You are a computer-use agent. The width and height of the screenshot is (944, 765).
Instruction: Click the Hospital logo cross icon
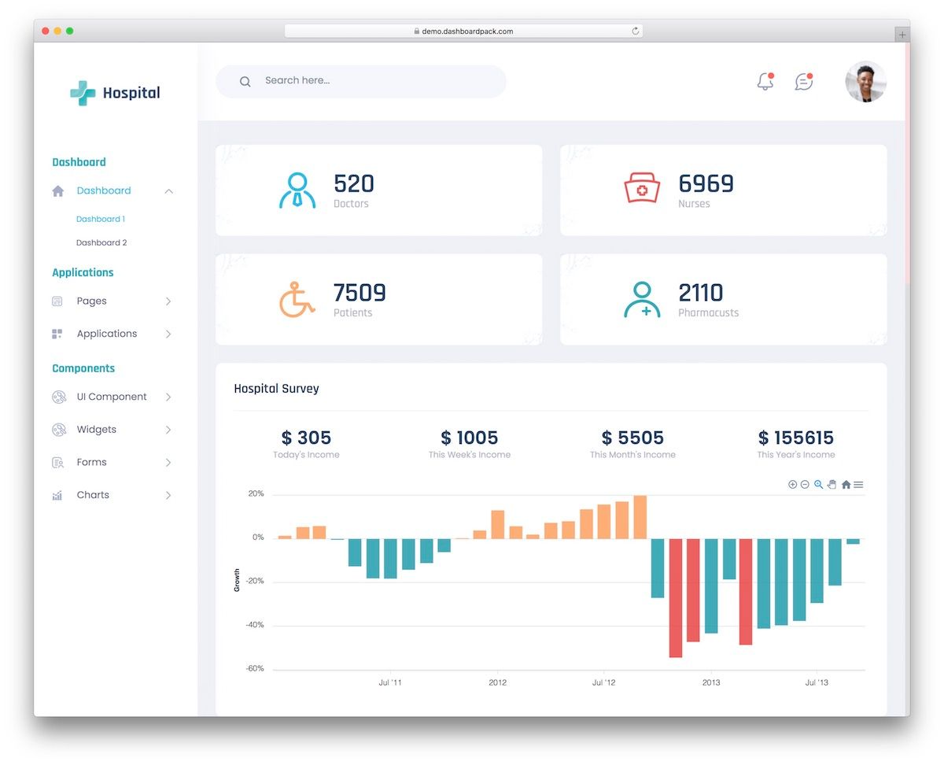[83, 93]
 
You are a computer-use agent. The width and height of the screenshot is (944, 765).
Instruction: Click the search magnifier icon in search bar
[245, 81]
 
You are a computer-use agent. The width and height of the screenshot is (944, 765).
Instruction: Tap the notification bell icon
[765, 82]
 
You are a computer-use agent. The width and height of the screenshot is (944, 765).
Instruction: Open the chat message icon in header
[803, 82]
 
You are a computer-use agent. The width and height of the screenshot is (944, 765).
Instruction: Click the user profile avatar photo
[865, 82]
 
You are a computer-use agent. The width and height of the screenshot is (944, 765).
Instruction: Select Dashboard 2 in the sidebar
[101, 243]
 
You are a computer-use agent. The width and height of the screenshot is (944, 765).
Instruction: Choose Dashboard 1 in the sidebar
[101, 220]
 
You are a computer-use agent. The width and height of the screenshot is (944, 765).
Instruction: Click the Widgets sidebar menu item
[96, 430]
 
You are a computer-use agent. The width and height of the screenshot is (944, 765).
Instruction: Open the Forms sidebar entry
[91, 463]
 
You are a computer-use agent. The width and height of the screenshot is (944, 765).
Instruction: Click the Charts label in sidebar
[93, 495]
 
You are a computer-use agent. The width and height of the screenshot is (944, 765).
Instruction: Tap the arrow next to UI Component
[168, 397]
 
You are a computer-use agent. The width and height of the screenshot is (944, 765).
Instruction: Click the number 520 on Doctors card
[353, 183]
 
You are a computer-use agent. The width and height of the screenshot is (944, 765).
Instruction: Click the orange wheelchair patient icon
[297, 299]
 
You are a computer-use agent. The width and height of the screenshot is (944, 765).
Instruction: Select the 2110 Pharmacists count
[700, 293]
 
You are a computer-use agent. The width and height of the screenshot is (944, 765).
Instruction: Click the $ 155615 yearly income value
[795, 438]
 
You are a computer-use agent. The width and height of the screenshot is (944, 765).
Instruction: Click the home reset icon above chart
[846, 485]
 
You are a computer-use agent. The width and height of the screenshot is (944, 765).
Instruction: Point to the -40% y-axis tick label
[255, 625]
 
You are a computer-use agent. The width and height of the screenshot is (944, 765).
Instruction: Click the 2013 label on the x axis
[710, 682]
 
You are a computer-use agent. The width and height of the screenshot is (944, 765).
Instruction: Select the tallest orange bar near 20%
[640, 517]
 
